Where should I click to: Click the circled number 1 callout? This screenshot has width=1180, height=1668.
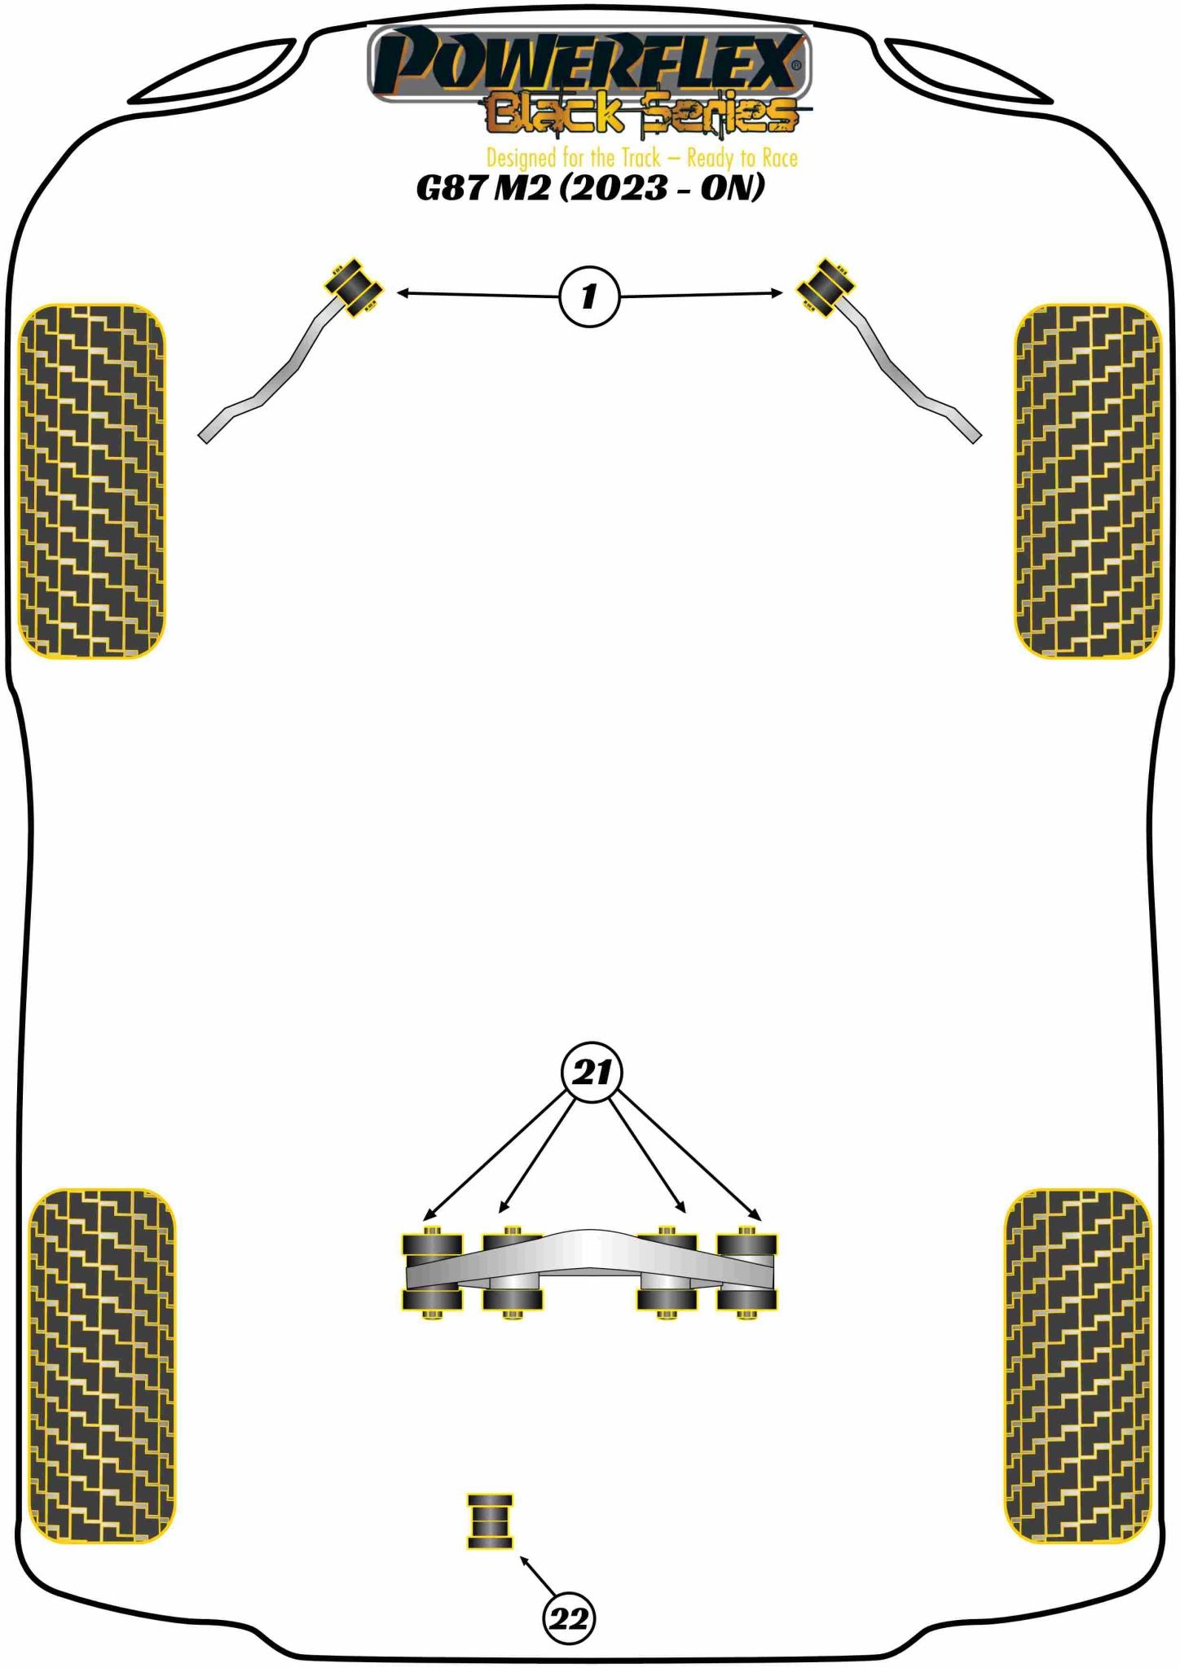point(589,296)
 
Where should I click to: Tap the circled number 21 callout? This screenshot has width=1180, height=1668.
point(592,1072)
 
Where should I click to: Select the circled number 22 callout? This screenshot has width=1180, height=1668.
point(569,1618)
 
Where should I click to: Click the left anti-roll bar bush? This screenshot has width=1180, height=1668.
point(354,287)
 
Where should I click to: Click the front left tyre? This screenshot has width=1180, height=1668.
point(91,481)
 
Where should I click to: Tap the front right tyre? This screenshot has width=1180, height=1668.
point(1088,481)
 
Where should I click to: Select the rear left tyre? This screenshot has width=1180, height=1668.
point(101,1366)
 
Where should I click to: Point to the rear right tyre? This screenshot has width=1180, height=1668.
point(1077,1366)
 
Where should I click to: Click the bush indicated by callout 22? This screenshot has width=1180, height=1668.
point(490,1521)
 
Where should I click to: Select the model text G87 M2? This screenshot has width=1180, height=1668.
point(483,188)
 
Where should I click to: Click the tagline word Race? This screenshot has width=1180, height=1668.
point(779,157)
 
